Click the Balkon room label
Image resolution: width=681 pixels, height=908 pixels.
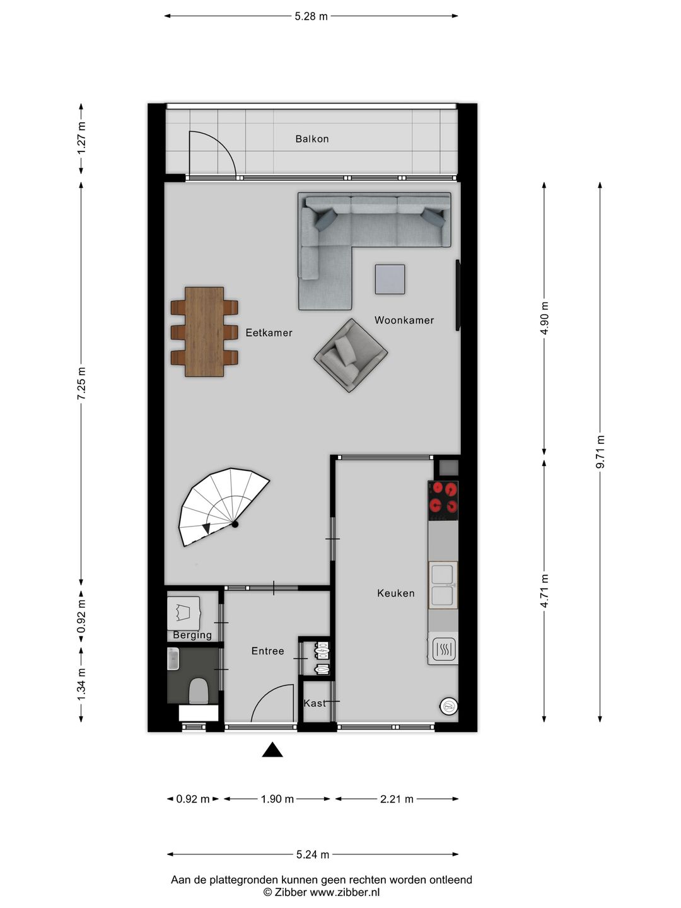pos(312,139)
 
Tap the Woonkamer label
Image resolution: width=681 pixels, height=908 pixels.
pos(404,320)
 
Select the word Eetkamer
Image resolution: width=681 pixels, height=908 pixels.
pos(269,333)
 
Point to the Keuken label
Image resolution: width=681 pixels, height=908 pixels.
pos(396,593)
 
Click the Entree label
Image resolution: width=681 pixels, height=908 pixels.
pos(268,651)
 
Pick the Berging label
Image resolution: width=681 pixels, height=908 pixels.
pos(192,636)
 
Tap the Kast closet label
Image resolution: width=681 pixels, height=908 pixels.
pos(315,703)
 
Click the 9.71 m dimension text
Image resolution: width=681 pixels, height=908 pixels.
pos(600,451)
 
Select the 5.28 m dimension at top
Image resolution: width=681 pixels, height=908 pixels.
pos(311,16)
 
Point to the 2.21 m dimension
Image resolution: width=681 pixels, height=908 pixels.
pos(397,800)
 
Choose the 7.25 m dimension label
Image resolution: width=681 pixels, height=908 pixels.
pos(81,383)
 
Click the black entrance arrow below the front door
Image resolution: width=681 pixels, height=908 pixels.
pos(272,750)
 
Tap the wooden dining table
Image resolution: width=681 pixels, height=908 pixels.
pos(204,332)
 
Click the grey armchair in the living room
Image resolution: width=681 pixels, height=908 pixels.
pos(351,355)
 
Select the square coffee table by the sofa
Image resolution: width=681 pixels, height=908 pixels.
pos(390,279)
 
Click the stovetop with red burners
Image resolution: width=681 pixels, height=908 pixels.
pos(443,498)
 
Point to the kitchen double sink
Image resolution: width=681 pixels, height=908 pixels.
pos(443,585)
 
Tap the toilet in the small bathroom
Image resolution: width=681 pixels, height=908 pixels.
pos(199,691)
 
